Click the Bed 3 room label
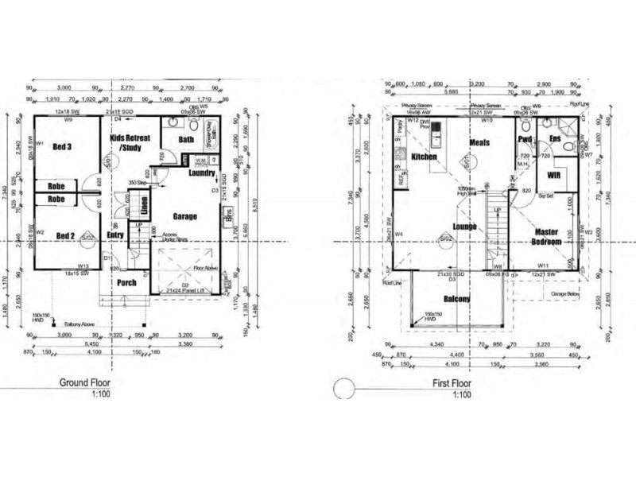64,148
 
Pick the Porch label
126,282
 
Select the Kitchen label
425,157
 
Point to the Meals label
479,142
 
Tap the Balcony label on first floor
457,299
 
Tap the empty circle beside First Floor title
343,388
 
